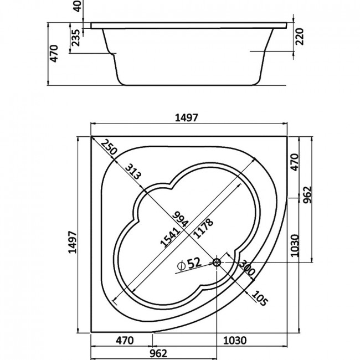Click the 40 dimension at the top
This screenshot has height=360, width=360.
78,6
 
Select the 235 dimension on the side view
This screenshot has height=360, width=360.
75,38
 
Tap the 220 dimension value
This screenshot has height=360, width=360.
300,37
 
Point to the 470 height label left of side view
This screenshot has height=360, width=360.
54,54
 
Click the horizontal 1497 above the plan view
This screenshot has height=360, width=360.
186,118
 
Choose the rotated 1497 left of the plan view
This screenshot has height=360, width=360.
73,242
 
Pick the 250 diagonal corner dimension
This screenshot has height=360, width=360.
109,147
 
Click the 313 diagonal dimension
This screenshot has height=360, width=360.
133,171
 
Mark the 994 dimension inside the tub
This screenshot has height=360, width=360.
181,219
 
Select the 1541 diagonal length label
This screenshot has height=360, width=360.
170,238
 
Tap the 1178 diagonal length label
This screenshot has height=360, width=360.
203,228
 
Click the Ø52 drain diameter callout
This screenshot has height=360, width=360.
189,264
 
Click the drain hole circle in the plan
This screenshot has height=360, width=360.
217,262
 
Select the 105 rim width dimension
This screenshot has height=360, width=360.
260,298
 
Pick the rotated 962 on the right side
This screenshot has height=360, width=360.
307,195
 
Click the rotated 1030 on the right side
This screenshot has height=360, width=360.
295,245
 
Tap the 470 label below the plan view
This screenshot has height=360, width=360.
125,341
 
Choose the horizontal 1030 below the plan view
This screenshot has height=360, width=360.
235,341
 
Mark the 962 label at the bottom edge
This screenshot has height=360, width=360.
158,353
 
